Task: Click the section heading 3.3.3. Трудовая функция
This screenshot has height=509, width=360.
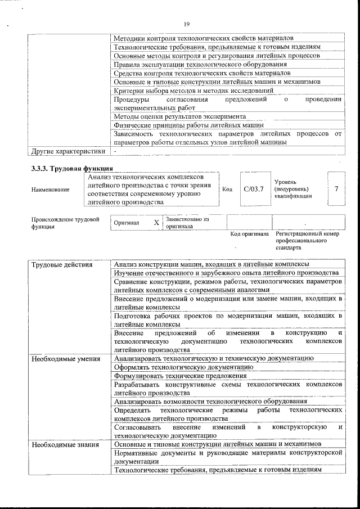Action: pos(71,169)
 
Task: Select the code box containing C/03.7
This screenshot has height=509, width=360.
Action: pos(254,189)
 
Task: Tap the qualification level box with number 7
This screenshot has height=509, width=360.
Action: pos(336,189)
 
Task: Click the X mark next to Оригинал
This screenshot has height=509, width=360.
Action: pos(156,222)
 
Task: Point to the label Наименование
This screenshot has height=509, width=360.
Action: pos(51,190)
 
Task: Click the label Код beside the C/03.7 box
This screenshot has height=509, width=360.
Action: pos(227,190)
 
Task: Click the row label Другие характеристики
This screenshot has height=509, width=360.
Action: pos(68,151)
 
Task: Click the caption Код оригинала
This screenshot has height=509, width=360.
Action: pos(249,234)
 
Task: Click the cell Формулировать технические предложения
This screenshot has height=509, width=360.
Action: pos(180,375)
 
